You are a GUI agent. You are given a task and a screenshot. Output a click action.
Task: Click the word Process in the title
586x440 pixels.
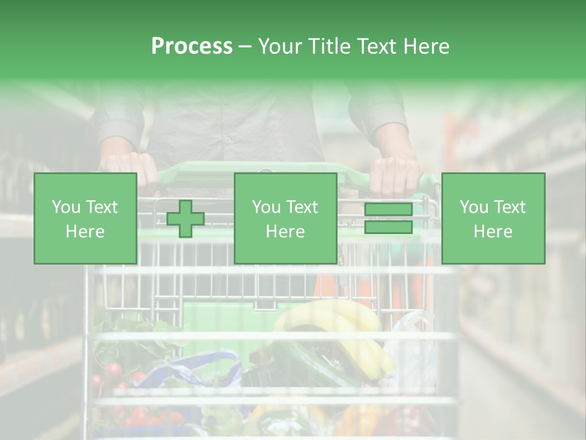click(x=192, y=46)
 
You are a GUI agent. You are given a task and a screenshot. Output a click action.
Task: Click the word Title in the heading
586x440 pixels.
click(x=330, y=46)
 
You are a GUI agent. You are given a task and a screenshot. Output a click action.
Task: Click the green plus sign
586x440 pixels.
click(x=186, y=219)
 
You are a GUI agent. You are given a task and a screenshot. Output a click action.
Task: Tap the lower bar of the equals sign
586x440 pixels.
click(x=389, y=227)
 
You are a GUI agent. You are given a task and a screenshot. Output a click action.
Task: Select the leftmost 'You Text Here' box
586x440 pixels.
click(x=85, y=218)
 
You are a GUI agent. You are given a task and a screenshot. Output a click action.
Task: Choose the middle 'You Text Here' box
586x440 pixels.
click(x=285, y=218)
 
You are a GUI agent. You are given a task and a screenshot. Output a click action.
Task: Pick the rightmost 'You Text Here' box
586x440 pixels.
click(x=493, y=218)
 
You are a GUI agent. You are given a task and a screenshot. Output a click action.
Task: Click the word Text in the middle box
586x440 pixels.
click(x=302, y=207)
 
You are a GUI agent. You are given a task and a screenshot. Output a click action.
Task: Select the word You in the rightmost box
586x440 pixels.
click(x=474, y=207)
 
